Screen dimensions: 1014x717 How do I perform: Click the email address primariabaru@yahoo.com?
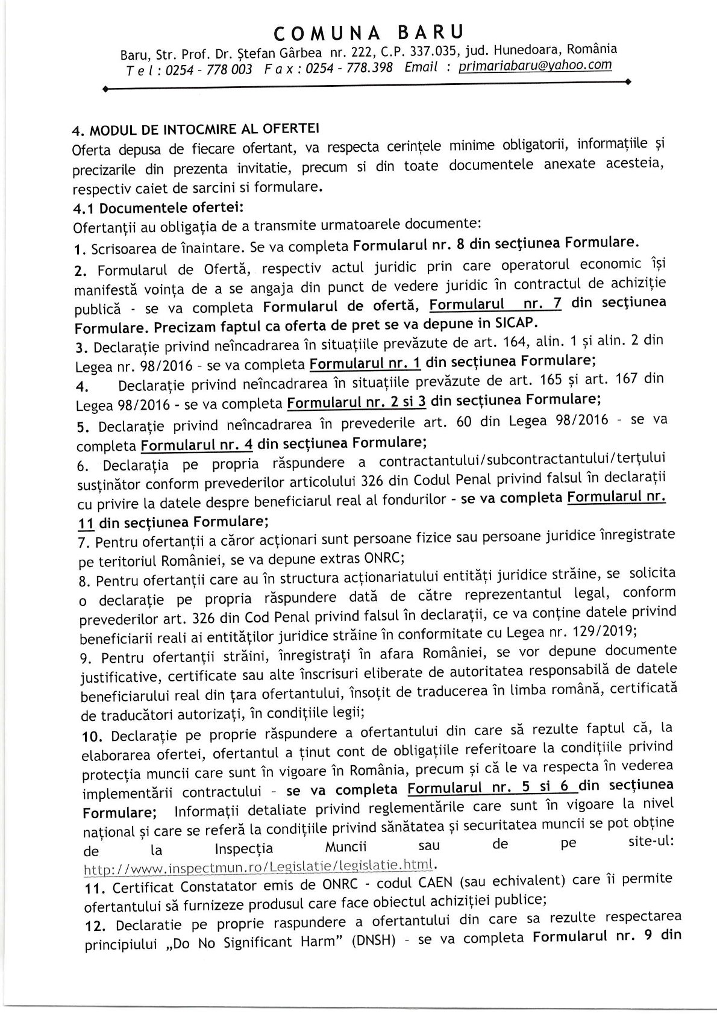click(x=535, y=66)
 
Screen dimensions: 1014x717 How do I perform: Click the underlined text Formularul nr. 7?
click(x=495, y=303)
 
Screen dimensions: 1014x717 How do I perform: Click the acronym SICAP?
click(x=512, y=322)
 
